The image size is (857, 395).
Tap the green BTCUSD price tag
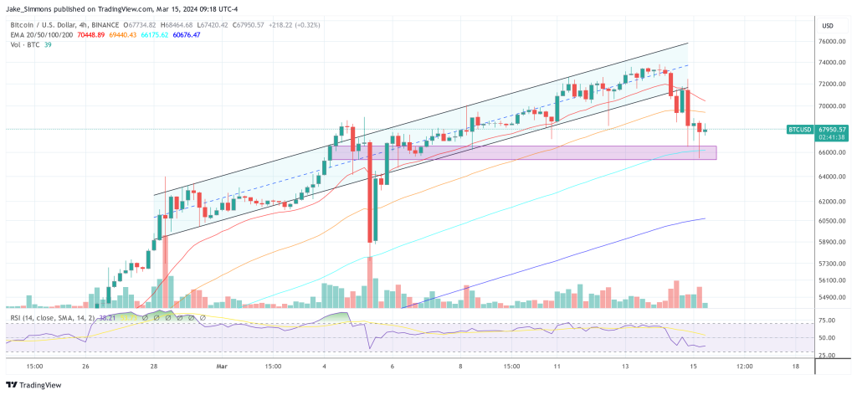point(801,130)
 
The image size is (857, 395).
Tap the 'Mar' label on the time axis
point(222,366)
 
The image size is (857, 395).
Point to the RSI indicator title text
point(50,318)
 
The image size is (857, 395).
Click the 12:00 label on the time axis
point(743,366)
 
